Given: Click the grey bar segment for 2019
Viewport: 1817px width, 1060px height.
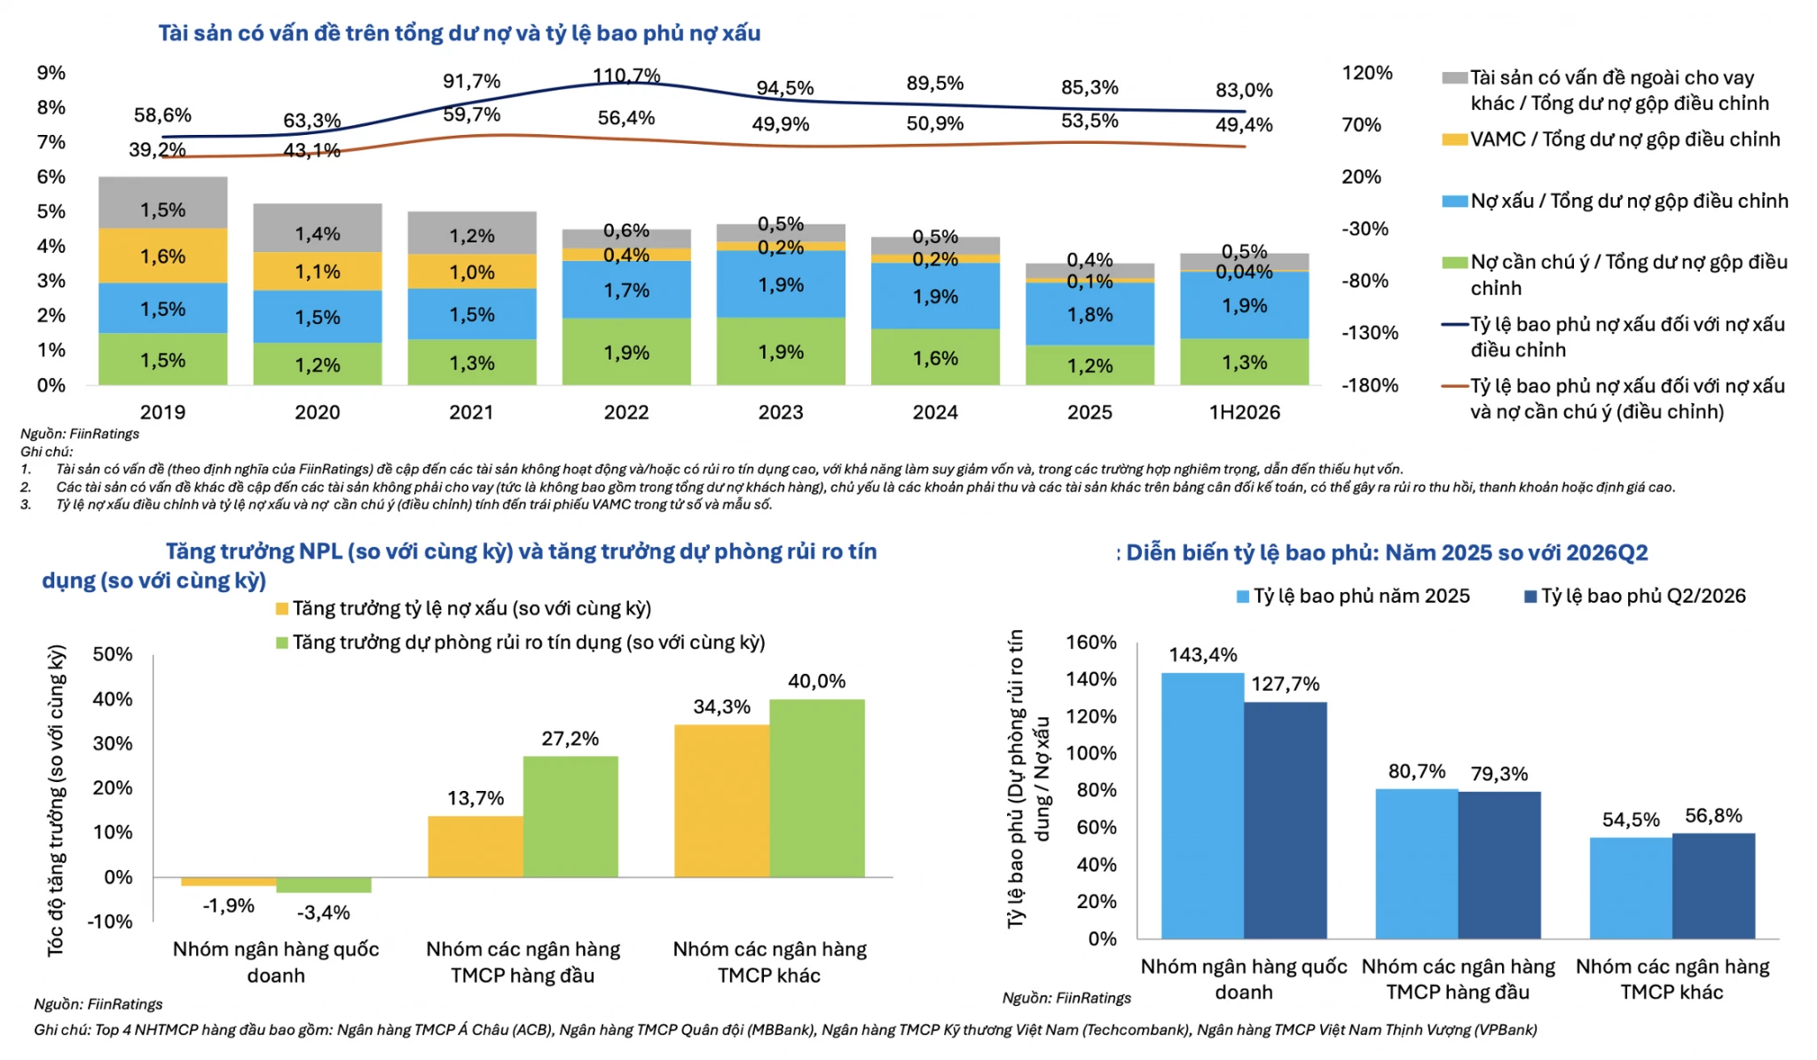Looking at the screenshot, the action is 163,202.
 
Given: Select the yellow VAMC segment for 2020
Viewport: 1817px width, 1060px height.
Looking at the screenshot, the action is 318,272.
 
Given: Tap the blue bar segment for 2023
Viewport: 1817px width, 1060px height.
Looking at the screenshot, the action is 781,284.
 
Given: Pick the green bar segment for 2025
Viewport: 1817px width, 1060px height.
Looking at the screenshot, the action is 1089,365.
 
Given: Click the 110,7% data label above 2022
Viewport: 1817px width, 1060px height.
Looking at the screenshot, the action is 626,75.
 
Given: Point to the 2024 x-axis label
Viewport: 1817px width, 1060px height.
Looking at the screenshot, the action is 935,412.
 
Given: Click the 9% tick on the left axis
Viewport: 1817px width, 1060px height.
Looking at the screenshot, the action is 51,73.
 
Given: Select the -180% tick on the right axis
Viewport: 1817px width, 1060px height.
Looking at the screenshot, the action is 1370,385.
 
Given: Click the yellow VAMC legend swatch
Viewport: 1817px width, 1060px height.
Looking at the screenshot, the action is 1454,139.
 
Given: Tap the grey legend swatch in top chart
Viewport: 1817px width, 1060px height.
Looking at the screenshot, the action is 1454,78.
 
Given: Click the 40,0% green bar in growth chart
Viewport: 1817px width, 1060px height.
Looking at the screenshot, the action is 817,788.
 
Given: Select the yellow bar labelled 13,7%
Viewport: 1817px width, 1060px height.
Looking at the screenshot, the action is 476,847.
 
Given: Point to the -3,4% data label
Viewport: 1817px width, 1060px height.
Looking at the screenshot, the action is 324,912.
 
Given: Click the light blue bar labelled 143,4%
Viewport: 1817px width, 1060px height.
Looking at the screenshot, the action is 1203,806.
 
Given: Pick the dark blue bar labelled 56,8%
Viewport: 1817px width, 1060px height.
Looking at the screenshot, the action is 1714,886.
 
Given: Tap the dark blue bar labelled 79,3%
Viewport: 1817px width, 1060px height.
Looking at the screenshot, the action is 1499,866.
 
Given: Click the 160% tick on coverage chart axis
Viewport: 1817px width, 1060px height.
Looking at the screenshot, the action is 1091,642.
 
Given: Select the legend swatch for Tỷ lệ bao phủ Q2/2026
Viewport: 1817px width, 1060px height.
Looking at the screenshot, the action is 1530,597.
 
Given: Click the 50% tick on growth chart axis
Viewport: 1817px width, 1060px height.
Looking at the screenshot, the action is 113,654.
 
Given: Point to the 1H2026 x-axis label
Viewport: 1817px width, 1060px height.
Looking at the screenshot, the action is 1245,412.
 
